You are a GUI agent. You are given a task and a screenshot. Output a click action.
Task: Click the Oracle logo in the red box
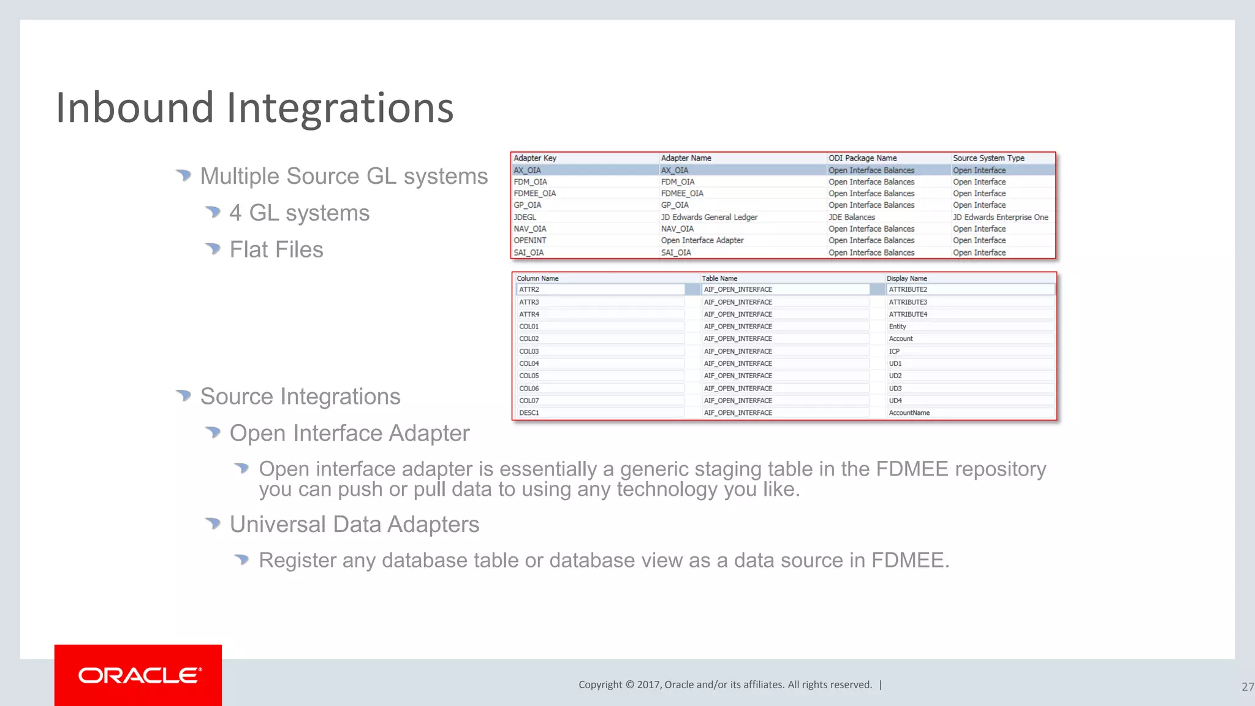click(139, 675)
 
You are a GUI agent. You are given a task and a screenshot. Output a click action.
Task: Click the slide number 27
click(1247, 687)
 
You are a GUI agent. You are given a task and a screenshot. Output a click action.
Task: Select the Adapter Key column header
click(535, 158)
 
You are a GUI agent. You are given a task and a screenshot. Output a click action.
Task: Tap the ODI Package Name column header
click(862, 158)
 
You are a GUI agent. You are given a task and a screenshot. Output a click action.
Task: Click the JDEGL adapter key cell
click(525, 217)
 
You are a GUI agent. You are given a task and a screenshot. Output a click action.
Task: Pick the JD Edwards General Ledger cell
click(709, 217)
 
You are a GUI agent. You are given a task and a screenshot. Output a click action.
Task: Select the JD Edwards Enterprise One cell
click(1000, 217)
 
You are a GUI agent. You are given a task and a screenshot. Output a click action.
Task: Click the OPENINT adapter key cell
click(530, 240)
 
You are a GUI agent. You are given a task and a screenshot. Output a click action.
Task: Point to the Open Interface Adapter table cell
click(702, 240)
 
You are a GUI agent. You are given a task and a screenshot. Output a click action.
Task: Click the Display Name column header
click(906, 278)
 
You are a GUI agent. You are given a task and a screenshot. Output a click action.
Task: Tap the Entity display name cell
click(897, 327)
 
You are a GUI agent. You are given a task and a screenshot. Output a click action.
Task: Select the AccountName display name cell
click(909, 413)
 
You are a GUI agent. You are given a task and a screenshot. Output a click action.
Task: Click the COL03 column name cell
click(529, 351)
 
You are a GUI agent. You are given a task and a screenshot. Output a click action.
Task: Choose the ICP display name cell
click(894, 351)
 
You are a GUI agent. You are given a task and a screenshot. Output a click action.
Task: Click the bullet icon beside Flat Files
click(213, 248)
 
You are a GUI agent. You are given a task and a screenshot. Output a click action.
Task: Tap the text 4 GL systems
click(299, 213)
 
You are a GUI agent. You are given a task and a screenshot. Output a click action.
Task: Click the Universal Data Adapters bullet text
click(354, 525)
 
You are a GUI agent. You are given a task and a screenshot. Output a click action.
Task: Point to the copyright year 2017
click(648, 685)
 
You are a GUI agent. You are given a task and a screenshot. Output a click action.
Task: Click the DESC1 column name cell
click(529, 413)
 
